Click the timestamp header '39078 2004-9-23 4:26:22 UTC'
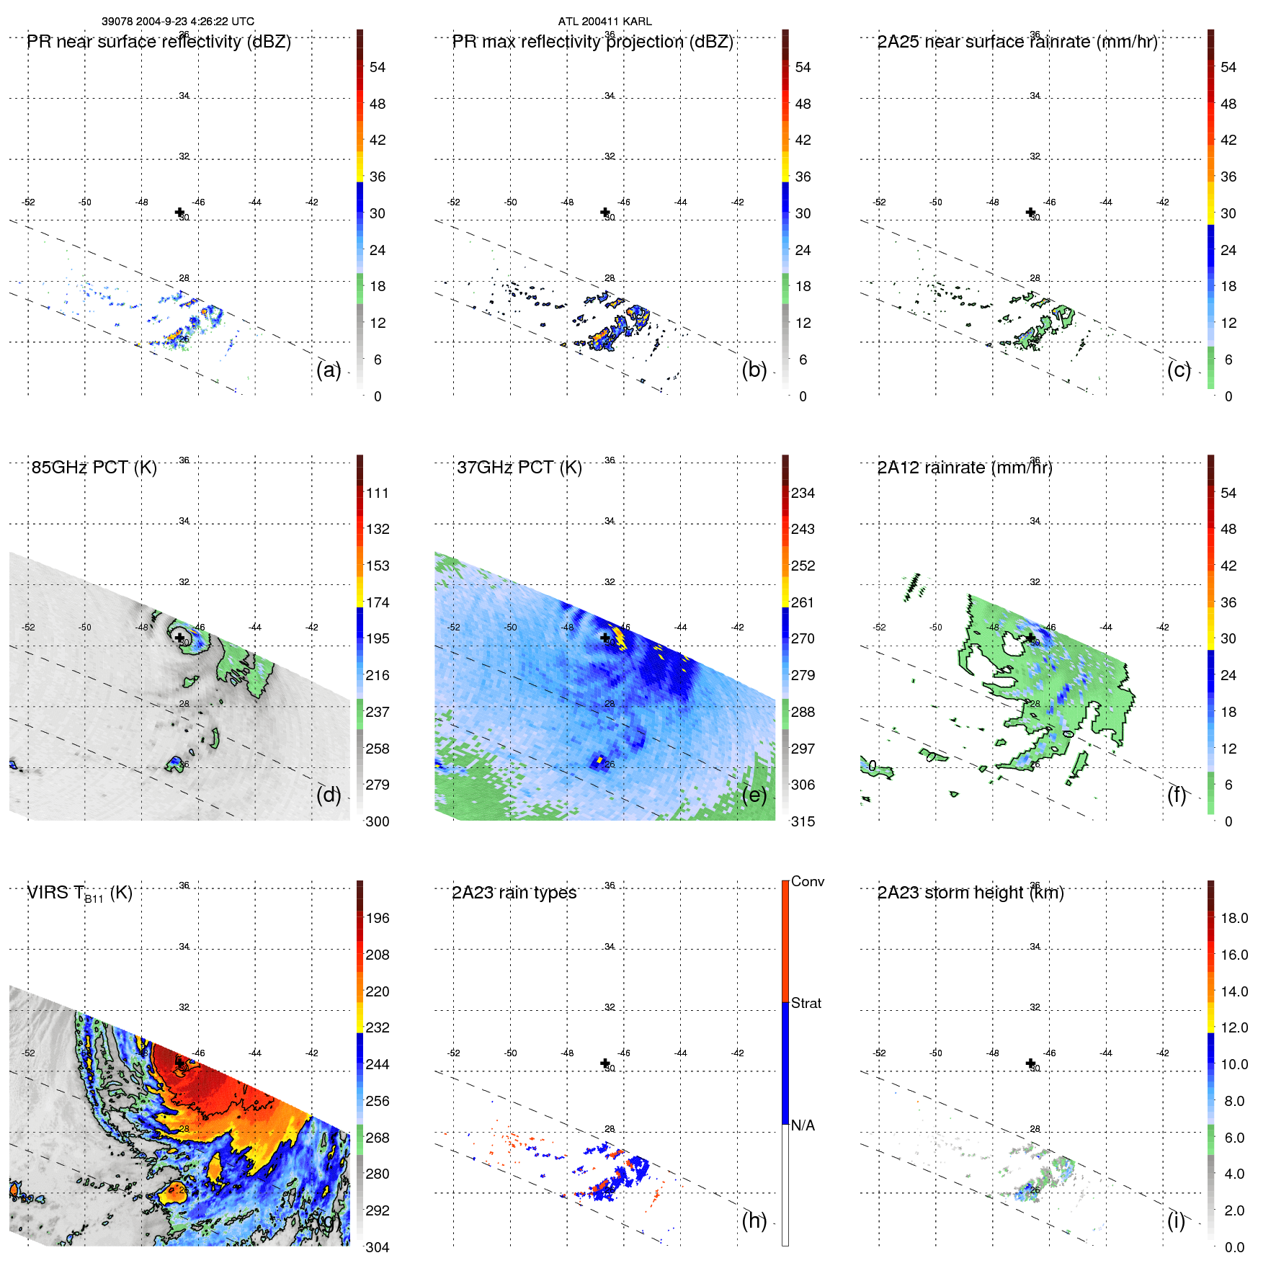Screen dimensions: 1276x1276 pyautogui.click(x=177, y=22)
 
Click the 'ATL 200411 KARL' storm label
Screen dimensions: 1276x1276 pyautogui.click(x=604, y=22)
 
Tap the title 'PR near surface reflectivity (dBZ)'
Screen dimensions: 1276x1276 pyautogui.click(x=159, y=42)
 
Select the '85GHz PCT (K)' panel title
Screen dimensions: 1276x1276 pyautogui.click(x=94, y=468)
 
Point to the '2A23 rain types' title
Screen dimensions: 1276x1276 pyautogui.click(x=514, y=893)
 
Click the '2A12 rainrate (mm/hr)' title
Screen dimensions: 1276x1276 pyautogui.click(x=965, y=468)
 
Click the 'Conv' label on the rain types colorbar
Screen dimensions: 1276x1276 pyautogui.click(x=807, y=881)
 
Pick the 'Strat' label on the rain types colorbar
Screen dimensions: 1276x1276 pyautogui.click(x=806, y=1003)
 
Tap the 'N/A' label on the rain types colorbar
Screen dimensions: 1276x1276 pyautogui.click(x=803, y=1125)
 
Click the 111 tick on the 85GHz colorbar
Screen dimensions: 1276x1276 pyautogui.click(x=377, y=493)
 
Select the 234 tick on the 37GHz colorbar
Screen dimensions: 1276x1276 pyautogui.click(x=803, y=493)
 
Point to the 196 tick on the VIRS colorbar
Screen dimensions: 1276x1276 pyautogui.click(x=377, y=918)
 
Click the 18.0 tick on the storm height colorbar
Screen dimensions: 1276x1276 pyautogui.click(x=1233, y=918)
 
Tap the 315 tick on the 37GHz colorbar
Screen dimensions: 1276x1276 pyautogui.click(x=803, y=821)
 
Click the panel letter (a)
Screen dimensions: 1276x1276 pyautogui.click(x=328, y=370)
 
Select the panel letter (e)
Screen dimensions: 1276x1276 pyautogui.click(x=754, y=795)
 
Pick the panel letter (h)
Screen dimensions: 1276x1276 pyautogui.click(x=754, y=1221)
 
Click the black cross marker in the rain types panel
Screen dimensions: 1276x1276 pyautogui.click(x=605, y=1063)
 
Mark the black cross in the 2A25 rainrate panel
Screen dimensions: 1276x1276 pyautogui.click(x=1030, y=212)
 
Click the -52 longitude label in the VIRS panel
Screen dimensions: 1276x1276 pyautogui.click(x=28, y=1053)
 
